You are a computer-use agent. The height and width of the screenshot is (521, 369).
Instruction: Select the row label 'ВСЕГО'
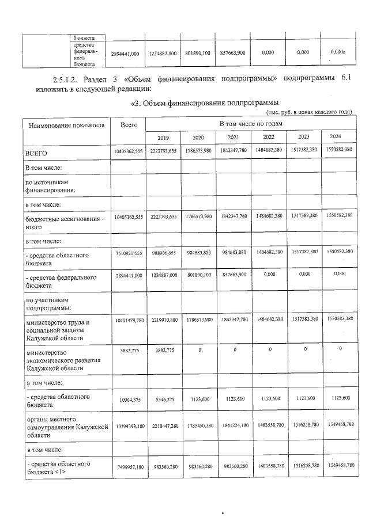click(x=36, y=154)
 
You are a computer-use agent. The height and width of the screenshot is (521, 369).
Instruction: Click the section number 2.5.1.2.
click(x=62, y=78)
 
